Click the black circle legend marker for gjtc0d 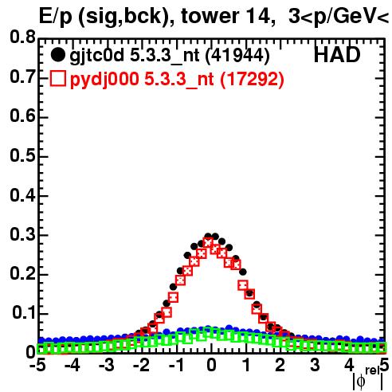57,55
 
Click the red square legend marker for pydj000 57,79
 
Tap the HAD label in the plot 337,55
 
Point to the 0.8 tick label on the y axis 22,37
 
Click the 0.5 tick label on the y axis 22,155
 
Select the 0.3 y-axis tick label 22,234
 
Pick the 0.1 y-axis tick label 24,313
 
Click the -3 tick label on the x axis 107,365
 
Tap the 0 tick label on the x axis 211,365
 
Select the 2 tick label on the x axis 280,365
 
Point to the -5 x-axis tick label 37,365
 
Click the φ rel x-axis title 368,378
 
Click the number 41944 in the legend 238,55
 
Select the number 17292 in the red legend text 253,79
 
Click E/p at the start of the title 56,18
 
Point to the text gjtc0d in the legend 96,57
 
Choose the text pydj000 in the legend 104,80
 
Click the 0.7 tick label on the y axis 22,77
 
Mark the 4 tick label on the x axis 349,365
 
